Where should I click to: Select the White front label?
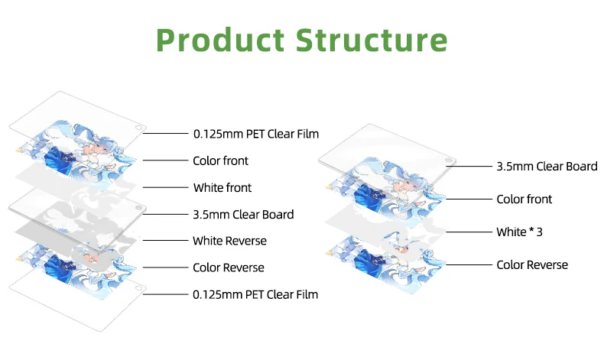tap(222, 187)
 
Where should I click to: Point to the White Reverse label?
tap(230, 241)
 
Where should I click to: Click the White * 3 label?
tap(524, 230)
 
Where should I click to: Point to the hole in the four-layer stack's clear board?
tap(450, 162)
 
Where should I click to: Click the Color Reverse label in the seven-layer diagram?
tap(229, 268)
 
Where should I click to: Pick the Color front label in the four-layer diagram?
tap(524, 199)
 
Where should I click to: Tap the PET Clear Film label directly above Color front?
tap(255, 134)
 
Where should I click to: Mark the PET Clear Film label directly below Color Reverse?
tap(255, 294)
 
